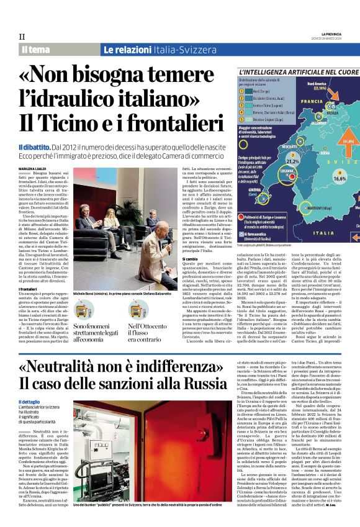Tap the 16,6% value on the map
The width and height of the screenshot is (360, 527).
[x=340, y=178]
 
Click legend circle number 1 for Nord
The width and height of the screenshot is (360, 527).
[x=242, y=91]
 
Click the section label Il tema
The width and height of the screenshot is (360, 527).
[x=37, y=50]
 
